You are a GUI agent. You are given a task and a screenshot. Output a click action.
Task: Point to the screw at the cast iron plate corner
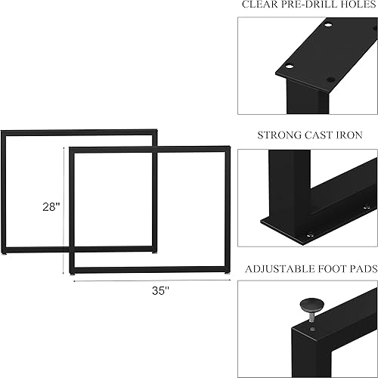(309, 235)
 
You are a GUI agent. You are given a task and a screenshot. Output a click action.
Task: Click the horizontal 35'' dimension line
(151, 280)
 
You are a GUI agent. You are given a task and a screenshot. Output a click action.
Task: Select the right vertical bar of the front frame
(227, 208)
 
